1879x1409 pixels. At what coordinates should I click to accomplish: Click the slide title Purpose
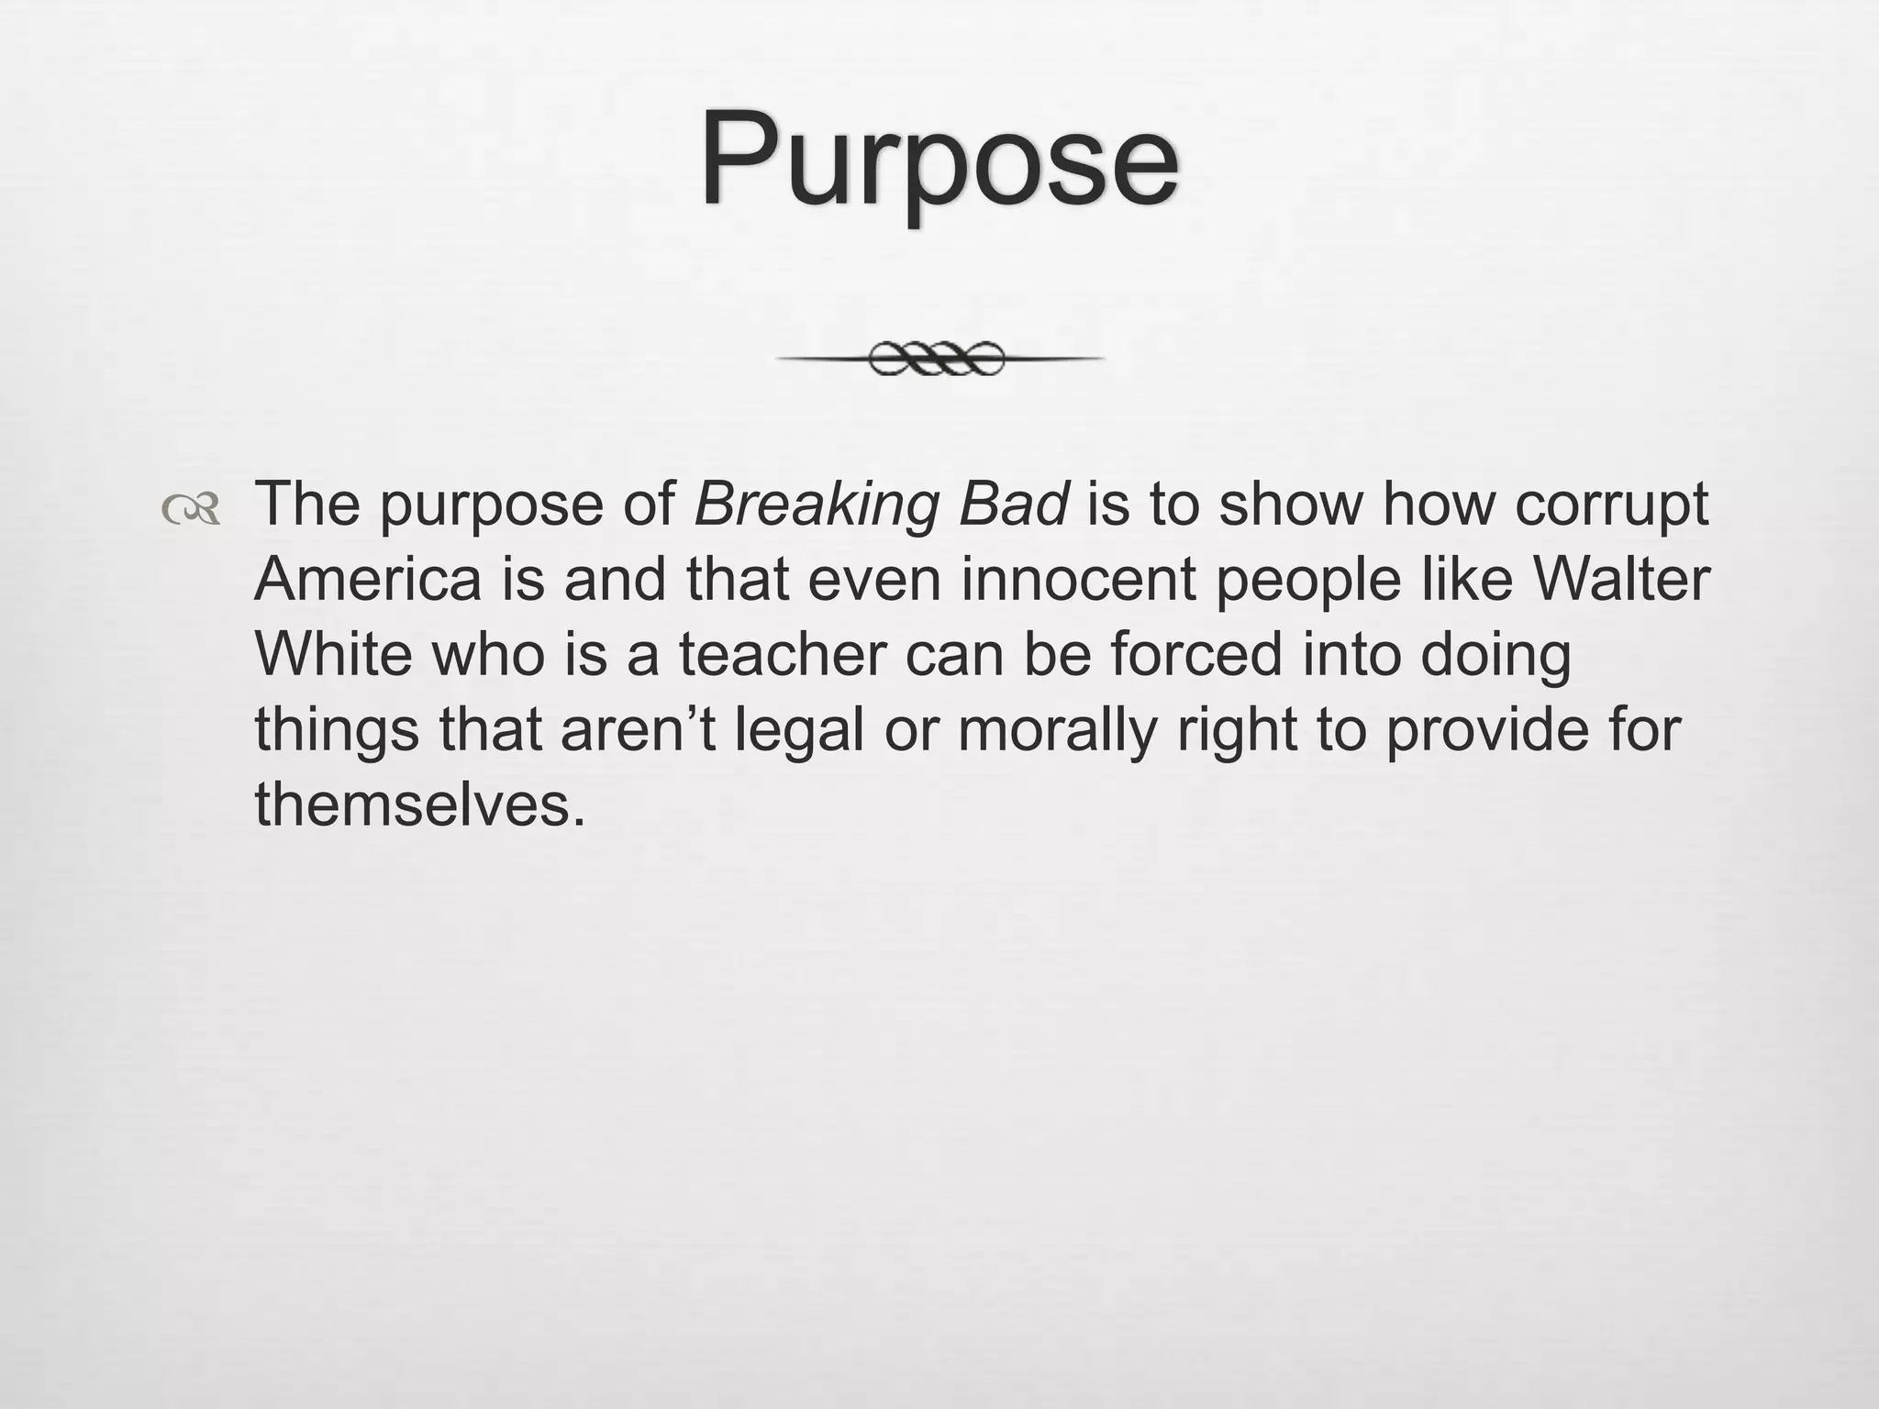click(x=939, y=161)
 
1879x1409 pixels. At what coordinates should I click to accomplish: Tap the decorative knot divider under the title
click(x=939, y=359)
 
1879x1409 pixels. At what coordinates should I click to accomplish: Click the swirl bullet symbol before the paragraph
click(x=191, y=509)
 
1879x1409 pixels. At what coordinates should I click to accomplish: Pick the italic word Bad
click(x=1013, y=504)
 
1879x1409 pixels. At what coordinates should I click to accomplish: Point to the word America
click(x=368, y=580)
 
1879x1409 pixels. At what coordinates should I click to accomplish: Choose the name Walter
click(x=1621, y=580)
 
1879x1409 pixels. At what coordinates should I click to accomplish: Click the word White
click(x=332, y=654)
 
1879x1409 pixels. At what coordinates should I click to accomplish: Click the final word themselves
click(x=419, y=804)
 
